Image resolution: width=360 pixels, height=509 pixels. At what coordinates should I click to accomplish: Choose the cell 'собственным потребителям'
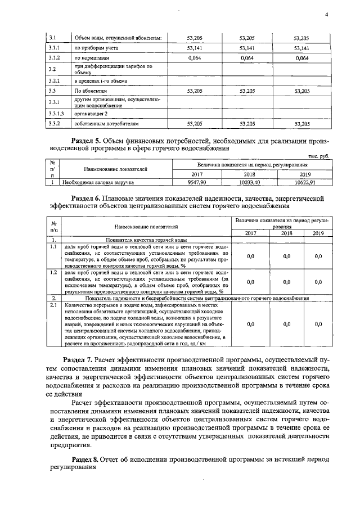pos(106,123)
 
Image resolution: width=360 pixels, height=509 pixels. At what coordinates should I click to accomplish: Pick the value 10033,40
pos(249,183)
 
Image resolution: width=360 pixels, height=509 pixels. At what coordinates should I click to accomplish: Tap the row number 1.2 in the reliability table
pos(53,272)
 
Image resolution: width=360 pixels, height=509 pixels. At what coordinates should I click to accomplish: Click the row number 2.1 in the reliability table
pos(53,305)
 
